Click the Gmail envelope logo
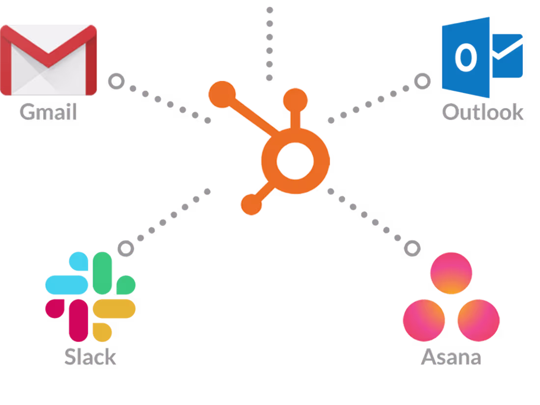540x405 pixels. click(49, 60)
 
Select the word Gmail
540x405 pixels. click(48, 112)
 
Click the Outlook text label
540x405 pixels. click(483, 112)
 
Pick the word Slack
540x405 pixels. click(90, 356)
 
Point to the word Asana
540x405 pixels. click(451, 356)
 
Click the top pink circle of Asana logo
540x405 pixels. click(451, 273)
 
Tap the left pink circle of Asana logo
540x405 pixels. click(424, 321)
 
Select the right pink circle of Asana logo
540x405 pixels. click(478, 321)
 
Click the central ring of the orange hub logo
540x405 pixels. click(295, 161)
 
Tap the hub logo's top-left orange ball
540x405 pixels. click(222, 95)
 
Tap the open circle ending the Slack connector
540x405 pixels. click(126, 248)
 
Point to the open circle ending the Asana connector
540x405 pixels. click(412, 248)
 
